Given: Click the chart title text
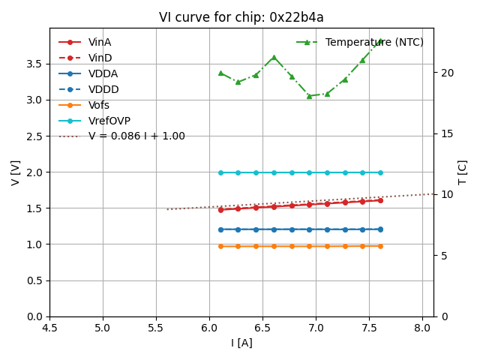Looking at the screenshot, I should coord(241,17).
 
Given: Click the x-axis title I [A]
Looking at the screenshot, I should coord(241,343).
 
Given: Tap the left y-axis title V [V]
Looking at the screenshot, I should coord(16,172).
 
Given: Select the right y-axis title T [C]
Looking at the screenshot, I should coord(462,172).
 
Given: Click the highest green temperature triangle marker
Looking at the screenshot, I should coord(380,41).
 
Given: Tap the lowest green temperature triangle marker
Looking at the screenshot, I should coord(309,96).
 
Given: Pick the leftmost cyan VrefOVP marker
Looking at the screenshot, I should coord(220,172).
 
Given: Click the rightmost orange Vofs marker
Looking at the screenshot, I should coord(380,246).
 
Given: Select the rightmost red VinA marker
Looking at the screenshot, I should coord(380,200).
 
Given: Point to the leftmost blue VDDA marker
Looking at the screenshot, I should coord(220,229).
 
